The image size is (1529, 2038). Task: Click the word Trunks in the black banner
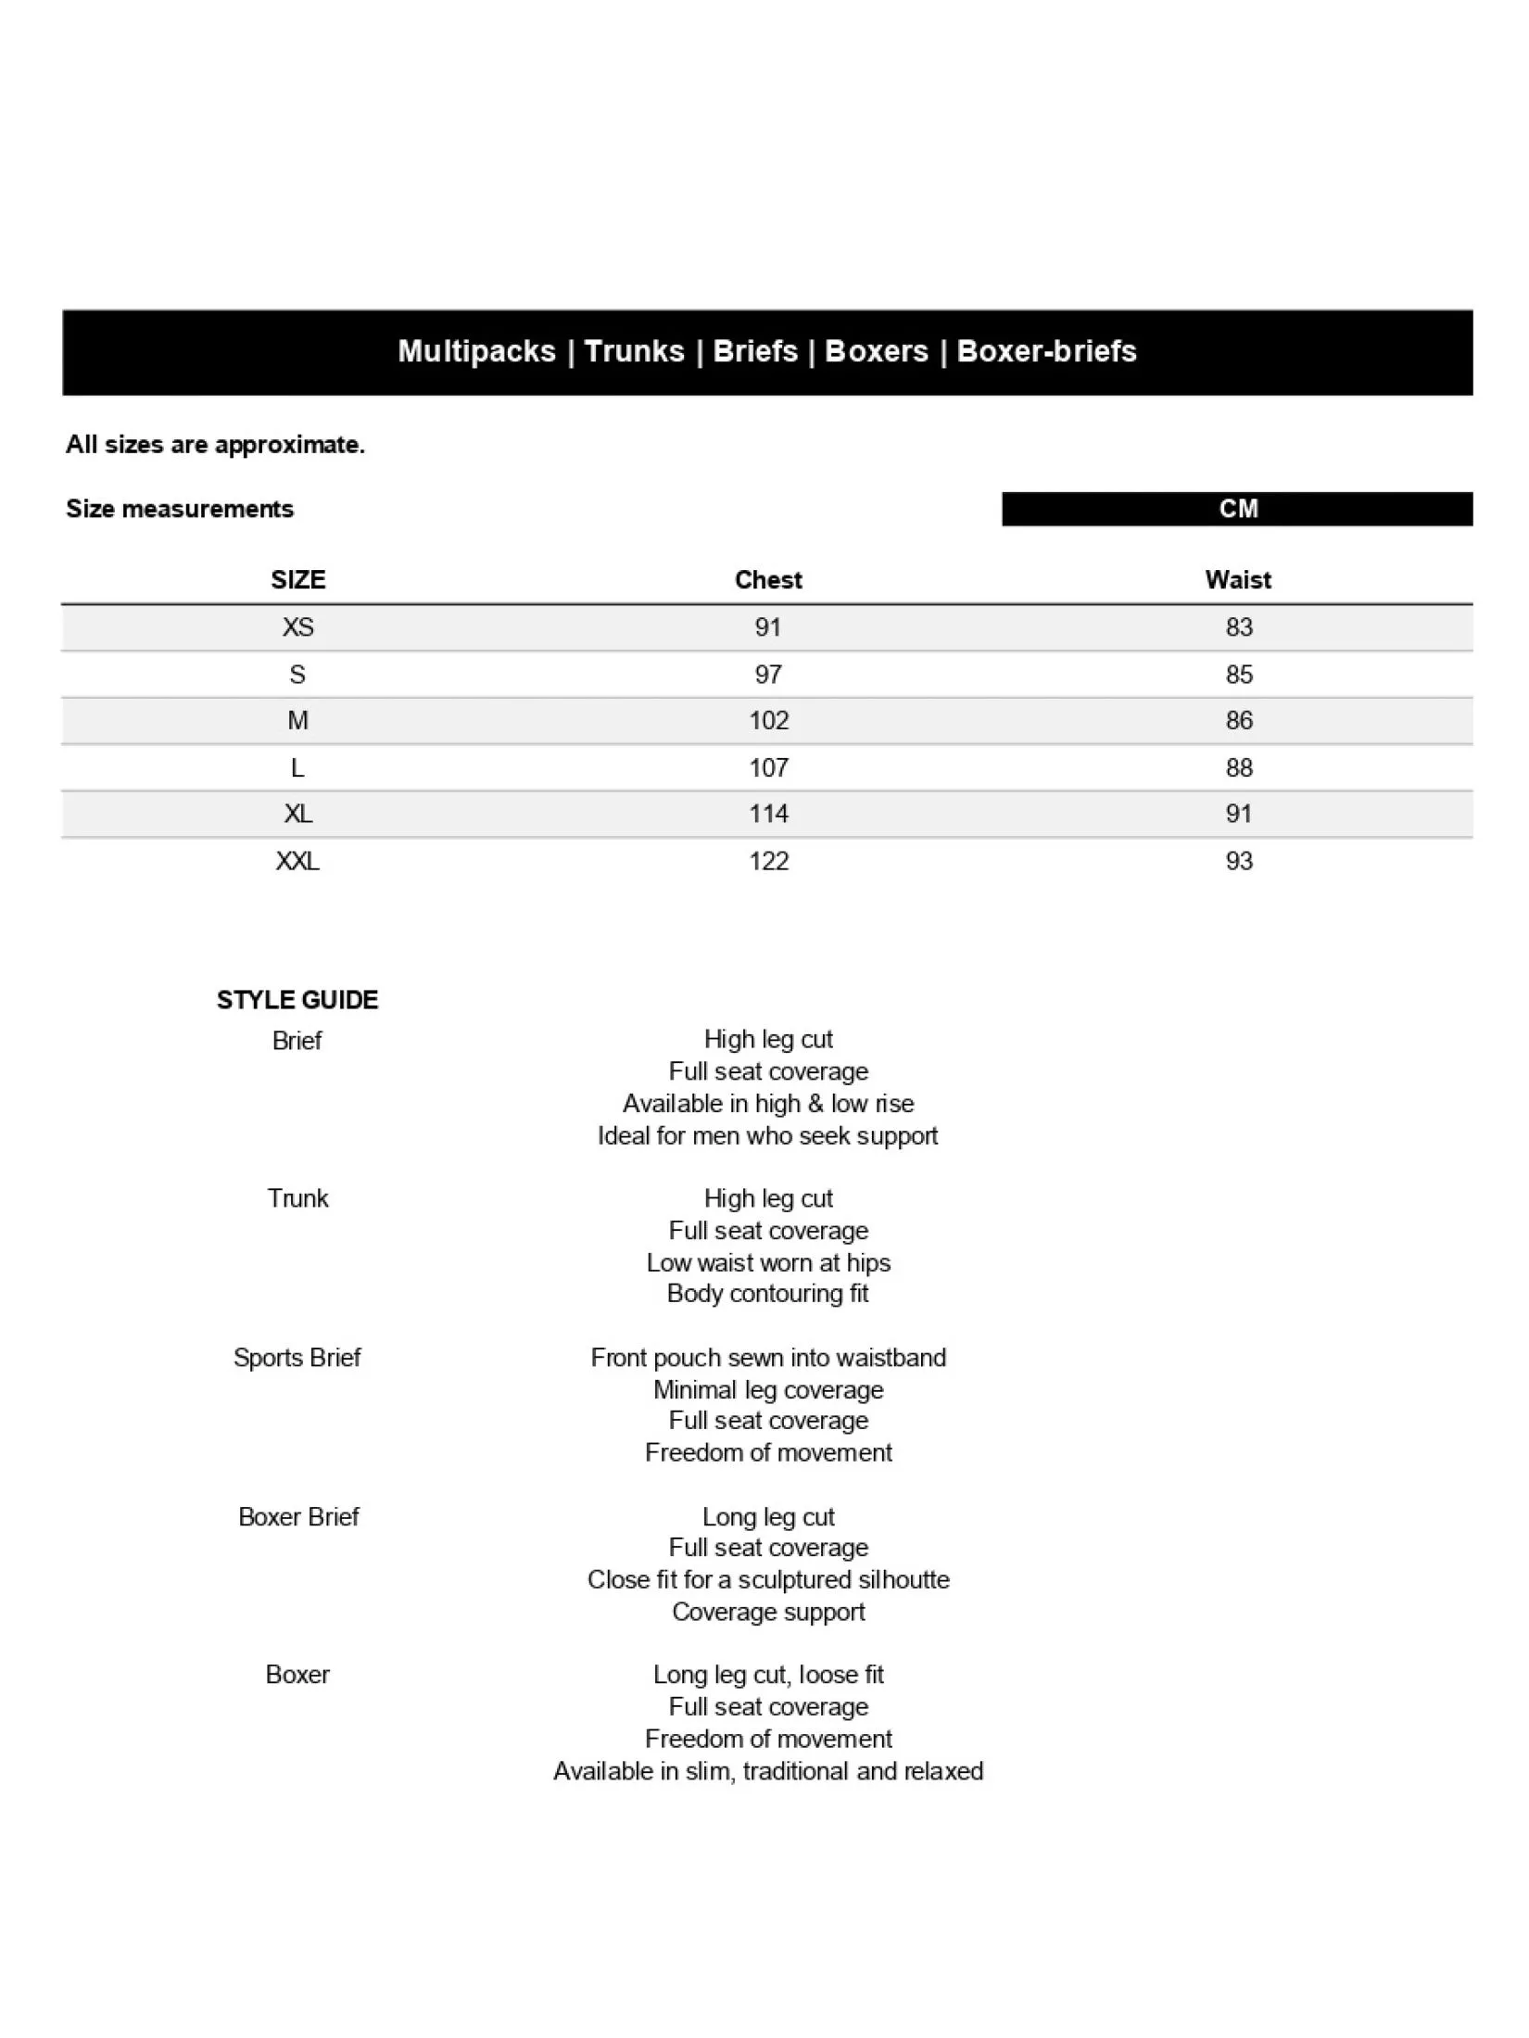pos(634,351)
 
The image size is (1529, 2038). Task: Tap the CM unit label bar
pos(1237,509)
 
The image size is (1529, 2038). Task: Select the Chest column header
pos(768,580)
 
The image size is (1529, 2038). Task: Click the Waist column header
pos(1238,580)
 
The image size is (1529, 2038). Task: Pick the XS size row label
pos(297,627)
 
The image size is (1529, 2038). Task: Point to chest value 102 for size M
pos(768,721)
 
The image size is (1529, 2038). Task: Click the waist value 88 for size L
pos(1239,767)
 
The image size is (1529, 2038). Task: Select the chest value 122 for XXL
pos(768,861)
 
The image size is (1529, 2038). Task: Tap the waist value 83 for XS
pos(1239,627)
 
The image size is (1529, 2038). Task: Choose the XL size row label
pos(297,814)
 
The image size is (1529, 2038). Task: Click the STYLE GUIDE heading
pos(297,1000)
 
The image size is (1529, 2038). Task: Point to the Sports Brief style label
pos(297,1358)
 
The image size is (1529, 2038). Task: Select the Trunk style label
pos(297,1198)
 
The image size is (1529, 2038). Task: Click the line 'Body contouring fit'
pos(768,1294)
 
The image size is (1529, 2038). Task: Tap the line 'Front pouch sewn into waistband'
pos(768,1358)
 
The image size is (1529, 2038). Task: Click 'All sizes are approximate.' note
pos(215,445)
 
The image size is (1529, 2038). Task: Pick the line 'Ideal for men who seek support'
pos(768,1135)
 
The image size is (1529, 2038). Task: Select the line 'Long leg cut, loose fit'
pos(768,1675)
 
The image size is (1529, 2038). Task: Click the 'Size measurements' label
pos(180,509)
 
